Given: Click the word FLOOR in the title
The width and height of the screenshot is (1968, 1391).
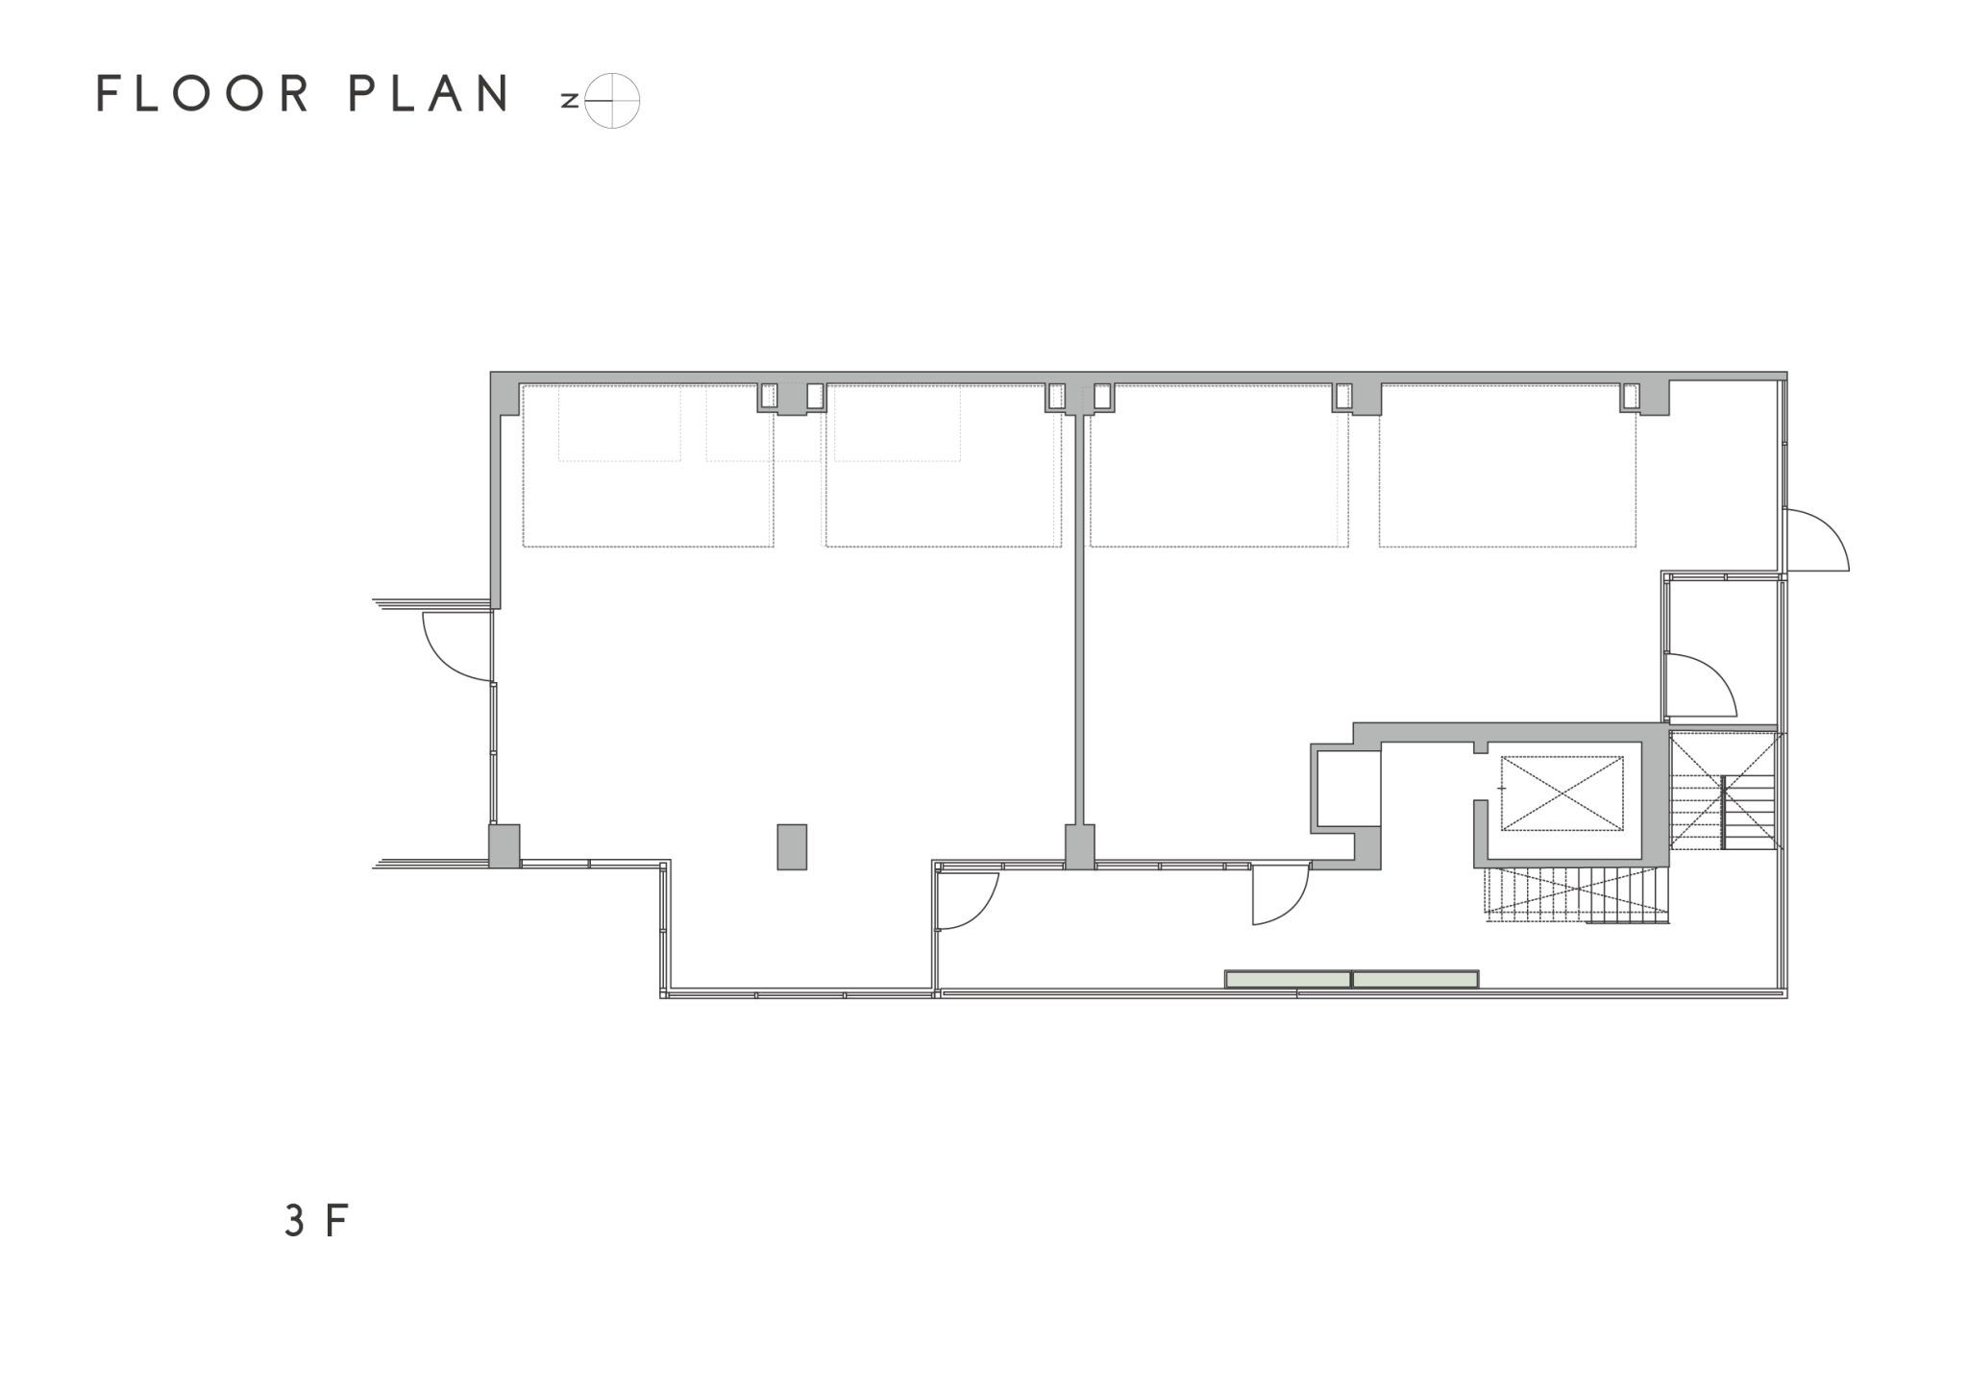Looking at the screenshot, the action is point(204,93).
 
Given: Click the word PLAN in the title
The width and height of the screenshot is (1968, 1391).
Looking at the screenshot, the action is point(429,93).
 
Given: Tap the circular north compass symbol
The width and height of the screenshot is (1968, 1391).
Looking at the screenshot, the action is point(612,101).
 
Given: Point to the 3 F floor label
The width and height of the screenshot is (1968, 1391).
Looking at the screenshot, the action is point(315,1220).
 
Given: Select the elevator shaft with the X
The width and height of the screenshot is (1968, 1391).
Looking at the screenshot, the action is point(1562,793).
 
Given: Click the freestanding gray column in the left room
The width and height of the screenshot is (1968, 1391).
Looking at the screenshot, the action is point(792,846).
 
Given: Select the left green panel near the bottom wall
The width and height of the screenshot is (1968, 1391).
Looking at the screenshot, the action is point(1288,979).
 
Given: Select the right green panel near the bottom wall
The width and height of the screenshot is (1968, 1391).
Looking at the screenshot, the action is point(1415,979).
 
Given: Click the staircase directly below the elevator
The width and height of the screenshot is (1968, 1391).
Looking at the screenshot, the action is point(1577,894).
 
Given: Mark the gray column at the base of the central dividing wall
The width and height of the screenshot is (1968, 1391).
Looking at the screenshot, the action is point(1080,846).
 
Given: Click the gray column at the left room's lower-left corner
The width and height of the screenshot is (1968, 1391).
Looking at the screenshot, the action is point(504,846).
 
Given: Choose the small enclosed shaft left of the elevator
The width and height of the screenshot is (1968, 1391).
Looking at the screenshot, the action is point(1348,789).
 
